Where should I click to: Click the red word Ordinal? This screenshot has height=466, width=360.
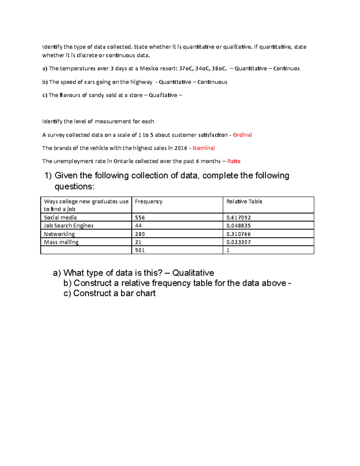pos(242,135)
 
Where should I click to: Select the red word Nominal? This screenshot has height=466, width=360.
pos(203,148)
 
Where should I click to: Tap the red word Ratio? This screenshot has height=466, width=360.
pos(234,161)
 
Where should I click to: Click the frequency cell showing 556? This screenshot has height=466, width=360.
pos(140,218)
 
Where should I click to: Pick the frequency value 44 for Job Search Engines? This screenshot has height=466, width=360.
pos(138,226)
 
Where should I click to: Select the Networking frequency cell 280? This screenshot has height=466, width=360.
pos(140,234)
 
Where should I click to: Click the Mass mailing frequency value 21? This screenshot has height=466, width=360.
pos(138,242)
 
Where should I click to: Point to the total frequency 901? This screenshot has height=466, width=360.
pos(140,250)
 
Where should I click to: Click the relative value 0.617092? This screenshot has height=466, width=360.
pos(238,218)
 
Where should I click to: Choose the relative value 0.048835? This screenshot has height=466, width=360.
pos(238,226)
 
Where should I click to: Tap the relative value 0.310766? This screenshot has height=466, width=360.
pos(238,234)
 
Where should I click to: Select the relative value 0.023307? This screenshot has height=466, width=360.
pos(238,242)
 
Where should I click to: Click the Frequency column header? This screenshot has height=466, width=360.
pos(148,202)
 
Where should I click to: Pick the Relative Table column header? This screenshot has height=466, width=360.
pos(244,202)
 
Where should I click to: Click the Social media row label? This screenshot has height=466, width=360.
pos(60,218)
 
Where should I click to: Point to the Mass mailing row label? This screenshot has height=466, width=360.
pos(61,242)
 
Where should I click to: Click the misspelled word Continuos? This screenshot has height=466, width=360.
pos(286,69)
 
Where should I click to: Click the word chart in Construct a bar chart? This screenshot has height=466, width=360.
pos(145,293)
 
